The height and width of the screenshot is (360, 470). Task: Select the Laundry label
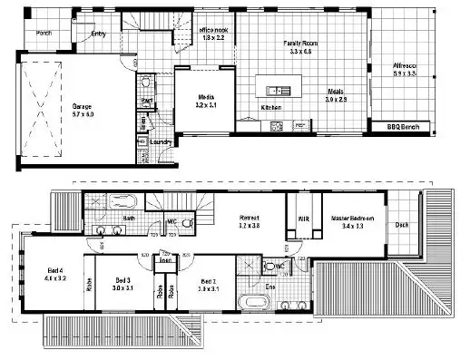pyautogui.click(x=162, y=141)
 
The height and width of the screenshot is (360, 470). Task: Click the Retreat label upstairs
pyautogui.click(x=250, y=218)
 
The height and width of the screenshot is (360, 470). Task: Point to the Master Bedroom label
pyautogui.click(x=352, y=219)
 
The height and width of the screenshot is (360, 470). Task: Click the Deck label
pyautogui.click(x=400, y=227)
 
